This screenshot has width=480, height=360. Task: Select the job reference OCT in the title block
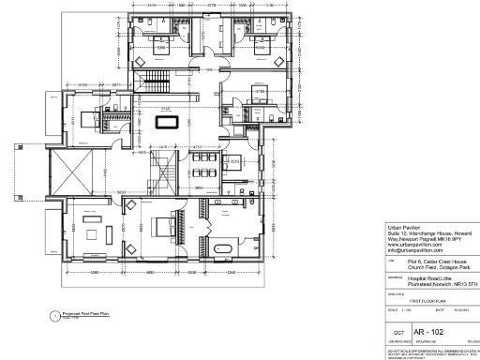(x=397, y=333)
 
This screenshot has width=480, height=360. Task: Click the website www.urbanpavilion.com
(x=412, y=245)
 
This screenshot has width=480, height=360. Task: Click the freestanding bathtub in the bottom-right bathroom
(x=224, y=247)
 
